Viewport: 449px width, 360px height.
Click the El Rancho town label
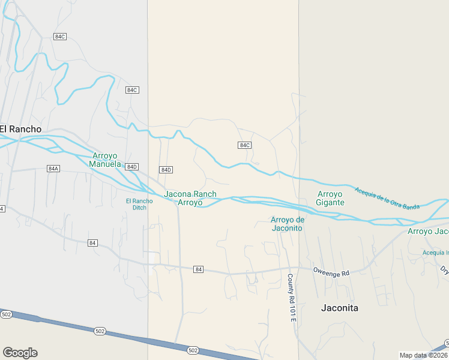point(21,129)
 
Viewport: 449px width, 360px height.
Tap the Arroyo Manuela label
point(106,160)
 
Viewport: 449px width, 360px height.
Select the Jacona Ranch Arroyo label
point(190,199)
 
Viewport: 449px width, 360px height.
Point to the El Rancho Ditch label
point(139,204)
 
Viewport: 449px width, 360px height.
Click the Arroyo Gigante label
point(331,198)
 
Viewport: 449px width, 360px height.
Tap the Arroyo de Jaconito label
point(288,224)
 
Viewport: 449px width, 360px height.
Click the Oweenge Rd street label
point(331,273)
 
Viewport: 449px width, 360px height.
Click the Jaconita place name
point(339,308)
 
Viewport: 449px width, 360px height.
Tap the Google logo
point(20,353)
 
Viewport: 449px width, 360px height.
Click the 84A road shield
point(53,169)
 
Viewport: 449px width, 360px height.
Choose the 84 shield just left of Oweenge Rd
point(199,270)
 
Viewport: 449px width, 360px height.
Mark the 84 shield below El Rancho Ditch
point(92,243)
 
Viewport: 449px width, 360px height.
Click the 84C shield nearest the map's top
point(59,37)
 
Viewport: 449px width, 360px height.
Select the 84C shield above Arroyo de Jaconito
point(244,145)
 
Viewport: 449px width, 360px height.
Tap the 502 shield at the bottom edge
point(193,350)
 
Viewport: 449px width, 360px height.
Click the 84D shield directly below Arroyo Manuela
point(132,166)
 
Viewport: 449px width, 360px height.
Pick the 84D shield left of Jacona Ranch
point(166,170)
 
